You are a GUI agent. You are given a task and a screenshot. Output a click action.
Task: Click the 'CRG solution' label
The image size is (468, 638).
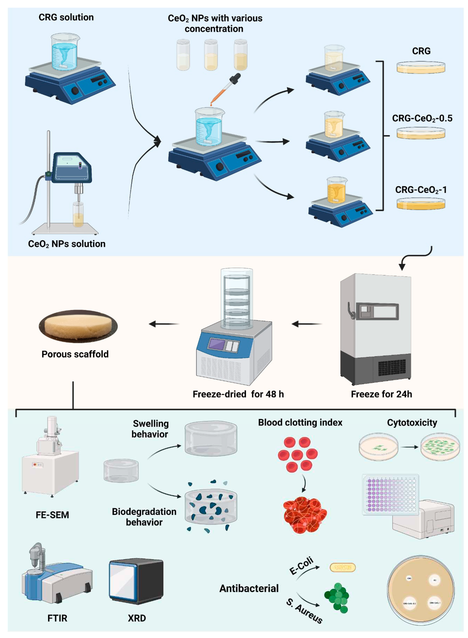pos(66,17)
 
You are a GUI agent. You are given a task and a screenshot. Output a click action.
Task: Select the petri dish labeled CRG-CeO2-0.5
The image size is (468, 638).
pos(421,133)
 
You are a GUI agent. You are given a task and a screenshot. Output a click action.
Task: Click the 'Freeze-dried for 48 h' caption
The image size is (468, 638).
pos(238,394)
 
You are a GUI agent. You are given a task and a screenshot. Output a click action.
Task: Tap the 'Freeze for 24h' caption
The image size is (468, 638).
pos(381,394)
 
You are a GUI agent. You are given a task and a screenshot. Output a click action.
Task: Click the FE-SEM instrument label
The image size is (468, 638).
pos(52,515)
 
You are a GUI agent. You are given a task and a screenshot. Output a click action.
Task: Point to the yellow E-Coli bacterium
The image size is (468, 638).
pos(342,567)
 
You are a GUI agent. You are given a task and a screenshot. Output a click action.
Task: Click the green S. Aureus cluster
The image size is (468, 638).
pos(337,597)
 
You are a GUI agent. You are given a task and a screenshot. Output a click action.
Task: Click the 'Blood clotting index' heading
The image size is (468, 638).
pos(300,422)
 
